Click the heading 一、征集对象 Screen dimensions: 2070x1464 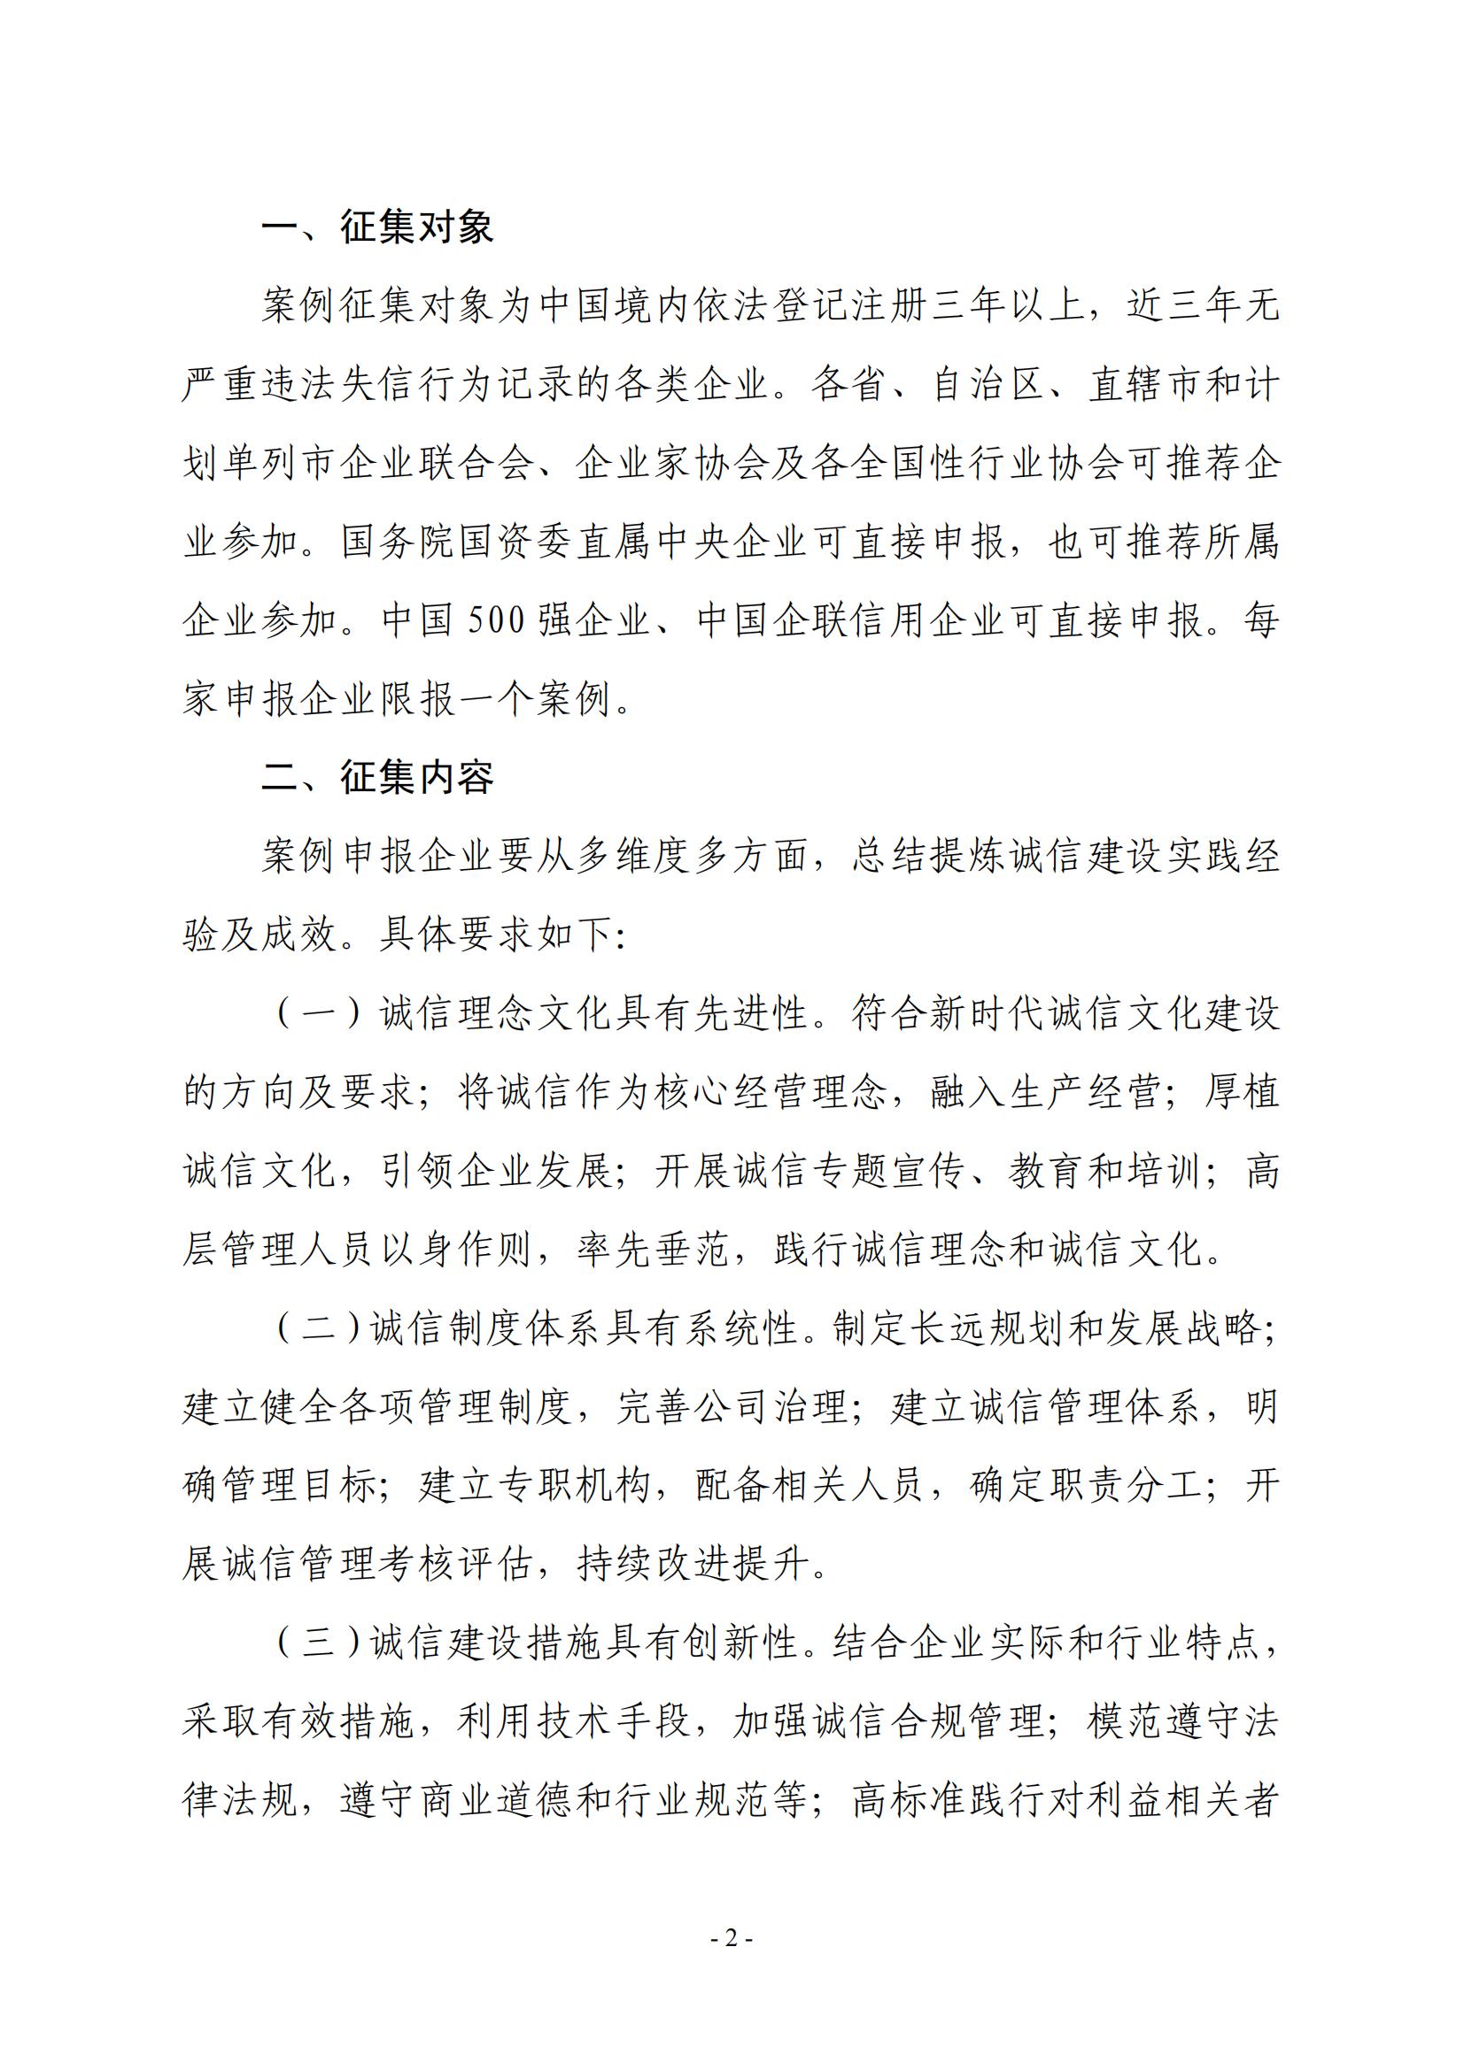pos(377,227)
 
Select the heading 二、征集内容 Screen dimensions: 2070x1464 pos(377,777)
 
